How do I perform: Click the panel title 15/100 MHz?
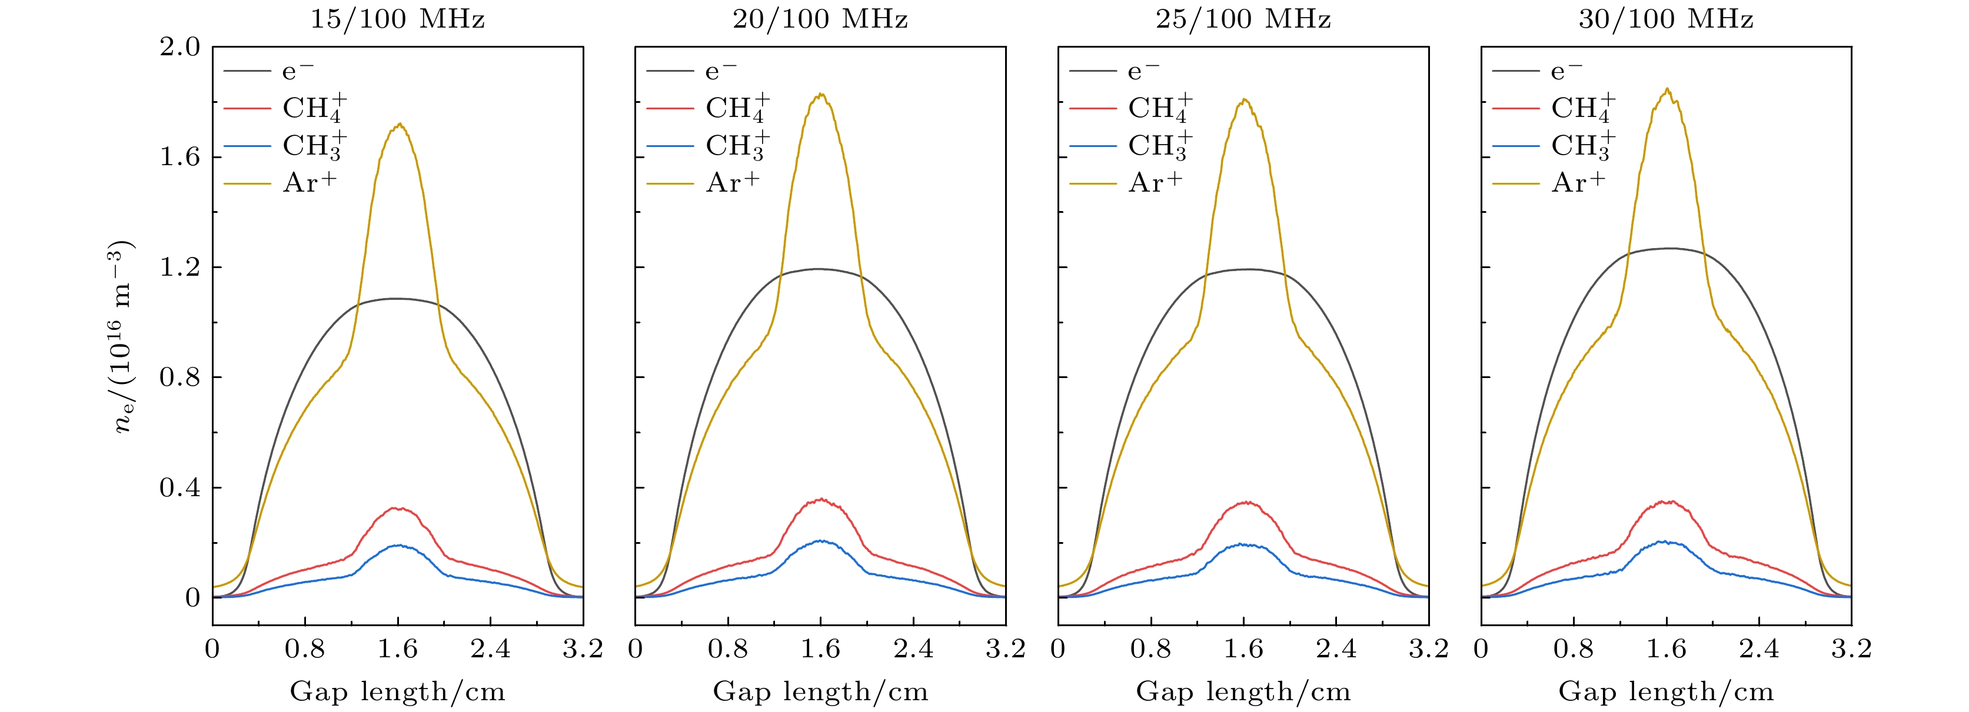point(397,18)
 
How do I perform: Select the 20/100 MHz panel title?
point(820,18)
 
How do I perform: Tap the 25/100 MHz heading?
point(1243,18)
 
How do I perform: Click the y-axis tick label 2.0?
point(179,48)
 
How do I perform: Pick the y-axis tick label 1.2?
point(179,268)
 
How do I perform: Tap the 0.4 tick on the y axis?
point(179,487)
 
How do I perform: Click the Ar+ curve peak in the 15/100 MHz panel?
point(399,125)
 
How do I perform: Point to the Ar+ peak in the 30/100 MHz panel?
point(1667,89)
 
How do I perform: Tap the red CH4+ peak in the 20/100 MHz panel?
point(821,500)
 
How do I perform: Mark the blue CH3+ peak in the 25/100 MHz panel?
point(1243,544)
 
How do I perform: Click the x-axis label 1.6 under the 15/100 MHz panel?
point(397,649)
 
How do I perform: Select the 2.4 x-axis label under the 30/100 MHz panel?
point(1759,649)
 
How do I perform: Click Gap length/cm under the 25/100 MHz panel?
point(1243,692)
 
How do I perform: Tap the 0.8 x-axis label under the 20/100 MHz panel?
point(728,649)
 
